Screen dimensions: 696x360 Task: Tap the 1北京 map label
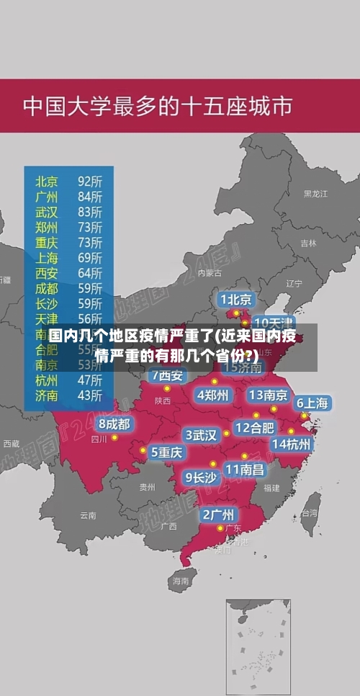[235, 299]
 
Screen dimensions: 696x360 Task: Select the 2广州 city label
[217, 514]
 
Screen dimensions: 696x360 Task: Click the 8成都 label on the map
[114, 424]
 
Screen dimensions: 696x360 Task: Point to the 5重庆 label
[166, 452]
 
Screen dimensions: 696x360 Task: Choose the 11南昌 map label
[244, 469]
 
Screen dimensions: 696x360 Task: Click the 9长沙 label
[201, 477]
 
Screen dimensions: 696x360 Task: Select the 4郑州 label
[212, 395]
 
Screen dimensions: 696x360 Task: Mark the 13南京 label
[268, 395]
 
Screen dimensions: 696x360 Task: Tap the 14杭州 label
[291, 444]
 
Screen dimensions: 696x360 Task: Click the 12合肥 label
[254, 428]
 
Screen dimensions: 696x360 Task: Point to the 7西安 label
[167, 375]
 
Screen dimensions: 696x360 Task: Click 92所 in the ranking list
[90, 180]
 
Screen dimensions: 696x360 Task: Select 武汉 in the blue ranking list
[48, 212]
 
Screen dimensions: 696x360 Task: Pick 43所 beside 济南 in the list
[90, 395]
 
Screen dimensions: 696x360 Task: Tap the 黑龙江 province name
[315, 194]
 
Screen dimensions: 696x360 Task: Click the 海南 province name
[180, 580]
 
